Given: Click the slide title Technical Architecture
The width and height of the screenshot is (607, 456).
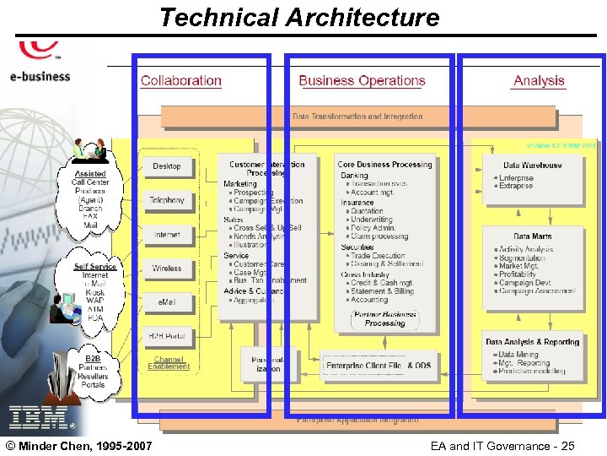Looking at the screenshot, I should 299,17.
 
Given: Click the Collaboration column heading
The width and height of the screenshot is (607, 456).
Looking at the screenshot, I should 181,81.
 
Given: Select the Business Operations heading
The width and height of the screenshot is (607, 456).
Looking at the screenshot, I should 362,81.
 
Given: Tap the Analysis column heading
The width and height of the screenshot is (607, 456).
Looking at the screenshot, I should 539,81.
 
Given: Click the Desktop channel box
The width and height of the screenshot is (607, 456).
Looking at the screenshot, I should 167,166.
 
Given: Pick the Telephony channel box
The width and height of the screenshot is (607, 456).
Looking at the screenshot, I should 167,200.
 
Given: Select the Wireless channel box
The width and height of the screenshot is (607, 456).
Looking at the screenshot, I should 167,269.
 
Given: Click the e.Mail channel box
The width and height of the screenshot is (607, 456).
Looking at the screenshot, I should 167,302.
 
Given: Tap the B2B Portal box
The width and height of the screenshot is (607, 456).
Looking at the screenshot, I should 167,337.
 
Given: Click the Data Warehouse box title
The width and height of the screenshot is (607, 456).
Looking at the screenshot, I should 533,166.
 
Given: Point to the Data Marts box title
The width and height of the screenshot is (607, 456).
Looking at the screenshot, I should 533,236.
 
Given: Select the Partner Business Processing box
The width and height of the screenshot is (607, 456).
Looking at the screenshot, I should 384,318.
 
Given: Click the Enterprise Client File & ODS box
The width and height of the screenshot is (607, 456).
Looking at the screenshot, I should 379,366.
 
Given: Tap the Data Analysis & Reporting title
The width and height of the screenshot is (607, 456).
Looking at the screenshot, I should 533,342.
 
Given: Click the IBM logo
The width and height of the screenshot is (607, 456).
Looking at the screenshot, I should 38,416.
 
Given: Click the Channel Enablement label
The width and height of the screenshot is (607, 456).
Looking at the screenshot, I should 169,363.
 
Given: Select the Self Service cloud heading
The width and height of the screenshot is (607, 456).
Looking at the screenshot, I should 94,267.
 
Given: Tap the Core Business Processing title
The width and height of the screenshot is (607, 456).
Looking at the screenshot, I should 384,165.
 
